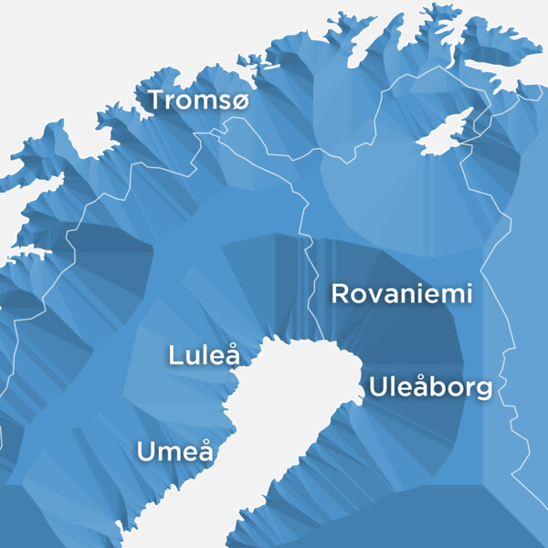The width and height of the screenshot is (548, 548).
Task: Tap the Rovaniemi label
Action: point(401,294)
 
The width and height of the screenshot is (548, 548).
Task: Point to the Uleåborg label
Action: point(430,387)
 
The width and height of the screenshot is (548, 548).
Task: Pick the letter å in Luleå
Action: point(232,354)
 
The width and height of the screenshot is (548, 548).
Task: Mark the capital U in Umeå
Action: point(146,451)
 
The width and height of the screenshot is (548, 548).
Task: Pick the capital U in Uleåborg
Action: point(378,387)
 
